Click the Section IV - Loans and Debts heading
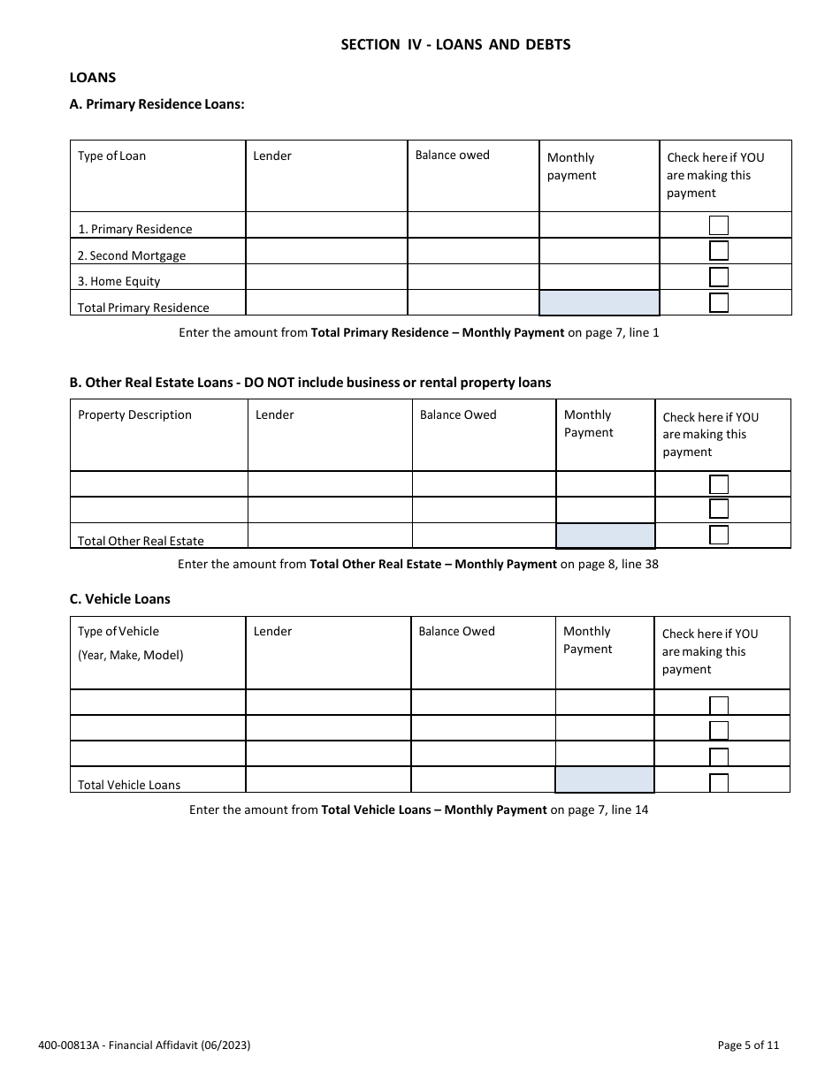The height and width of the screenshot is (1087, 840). pos(455,44)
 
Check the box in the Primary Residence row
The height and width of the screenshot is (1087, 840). pos(719,225)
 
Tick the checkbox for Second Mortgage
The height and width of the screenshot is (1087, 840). pos(719,251)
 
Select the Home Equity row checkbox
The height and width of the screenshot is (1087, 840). pos(719,277)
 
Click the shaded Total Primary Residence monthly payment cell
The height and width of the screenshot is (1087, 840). pos(599,303)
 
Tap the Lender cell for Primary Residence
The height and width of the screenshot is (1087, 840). pos(326,225)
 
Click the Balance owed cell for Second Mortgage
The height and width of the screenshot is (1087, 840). pos(473,251)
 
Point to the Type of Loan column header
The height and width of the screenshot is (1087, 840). pos(112,156)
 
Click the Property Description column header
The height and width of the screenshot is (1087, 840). pos(134,415)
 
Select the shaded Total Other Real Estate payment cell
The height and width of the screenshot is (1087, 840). pos(605,536)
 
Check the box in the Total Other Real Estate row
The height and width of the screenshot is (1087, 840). pos(719,536)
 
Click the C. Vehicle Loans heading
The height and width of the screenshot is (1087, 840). pos(120,599)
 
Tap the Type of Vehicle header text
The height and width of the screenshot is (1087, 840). pos(118,632)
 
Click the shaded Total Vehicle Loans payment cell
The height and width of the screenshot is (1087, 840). pos(605,780)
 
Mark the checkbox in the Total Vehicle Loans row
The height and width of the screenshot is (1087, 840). pos(719,782)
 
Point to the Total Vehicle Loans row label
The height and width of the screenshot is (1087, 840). pos(129,785)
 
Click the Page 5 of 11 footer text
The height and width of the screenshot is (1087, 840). pos(748,1045)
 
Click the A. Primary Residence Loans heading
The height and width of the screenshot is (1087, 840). pos(157,104)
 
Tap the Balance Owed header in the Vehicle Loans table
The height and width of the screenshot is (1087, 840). pos(456,632)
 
